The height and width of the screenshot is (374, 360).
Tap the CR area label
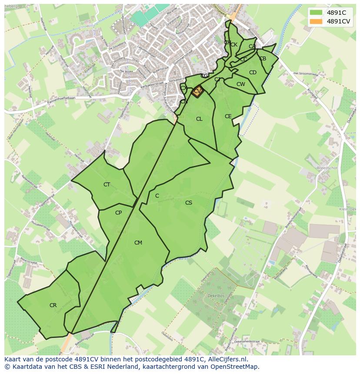(53, 305)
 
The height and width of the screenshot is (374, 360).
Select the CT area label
(107, 185)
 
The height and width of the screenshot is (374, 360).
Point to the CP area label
(118, 213)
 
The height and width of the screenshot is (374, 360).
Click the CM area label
(138, 243)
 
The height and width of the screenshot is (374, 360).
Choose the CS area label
(189, 203)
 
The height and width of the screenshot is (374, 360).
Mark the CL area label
(199, 119)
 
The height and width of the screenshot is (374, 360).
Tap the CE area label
(228, 116)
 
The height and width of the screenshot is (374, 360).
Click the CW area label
(241, 84)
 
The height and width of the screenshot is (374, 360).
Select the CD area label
(253, 73)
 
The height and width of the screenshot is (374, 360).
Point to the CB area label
(263, 59)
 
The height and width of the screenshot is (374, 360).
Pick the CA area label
(252, 46)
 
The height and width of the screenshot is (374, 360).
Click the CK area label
(234, 45)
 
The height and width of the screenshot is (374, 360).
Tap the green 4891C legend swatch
(316, 13)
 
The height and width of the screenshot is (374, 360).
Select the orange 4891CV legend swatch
(316, 21)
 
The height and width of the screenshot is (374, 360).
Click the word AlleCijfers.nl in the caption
(227, 359)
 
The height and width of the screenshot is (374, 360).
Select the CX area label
(184, 88)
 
